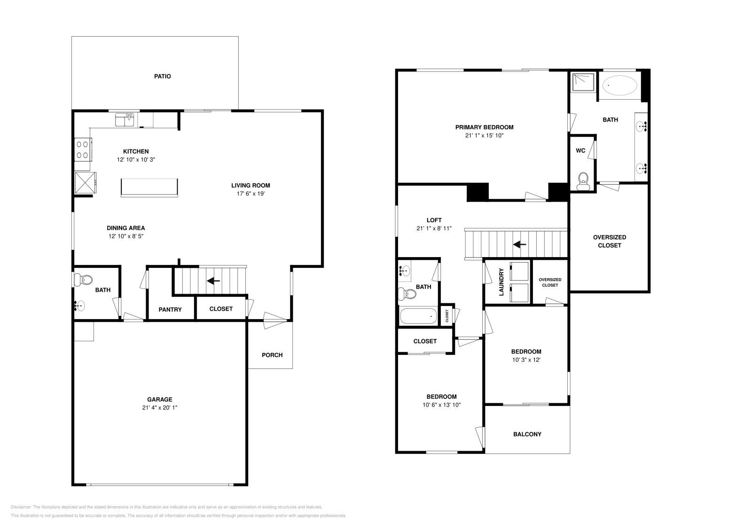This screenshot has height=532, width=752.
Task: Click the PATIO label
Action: coord(163,76)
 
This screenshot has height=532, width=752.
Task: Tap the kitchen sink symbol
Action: coord(125,120)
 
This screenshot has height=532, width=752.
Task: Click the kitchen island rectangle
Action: coord(149,187)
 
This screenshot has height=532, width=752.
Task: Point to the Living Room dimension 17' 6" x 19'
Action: coord(251,194)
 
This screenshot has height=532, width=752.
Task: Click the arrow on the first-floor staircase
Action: coord(214,281)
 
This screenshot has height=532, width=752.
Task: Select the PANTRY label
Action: coord(170,310)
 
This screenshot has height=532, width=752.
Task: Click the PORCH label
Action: coord(272,355)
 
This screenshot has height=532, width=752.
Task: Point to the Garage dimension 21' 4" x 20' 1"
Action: coord(160,408)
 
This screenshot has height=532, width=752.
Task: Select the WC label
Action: coord(580,151)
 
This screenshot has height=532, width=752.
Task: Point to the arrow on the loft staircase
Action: coord(519,244)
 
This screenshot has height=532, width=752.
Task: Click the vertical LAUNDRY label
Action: coord(501,282)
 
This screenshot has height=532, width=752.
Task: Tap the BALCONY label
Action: coord(527,434)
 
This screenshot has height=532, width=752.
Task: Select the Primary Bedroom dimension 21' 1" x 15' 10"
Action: coord(484,135)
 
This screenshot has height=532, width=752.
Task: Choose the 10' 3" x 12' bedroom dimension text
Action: coord(526,360)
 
